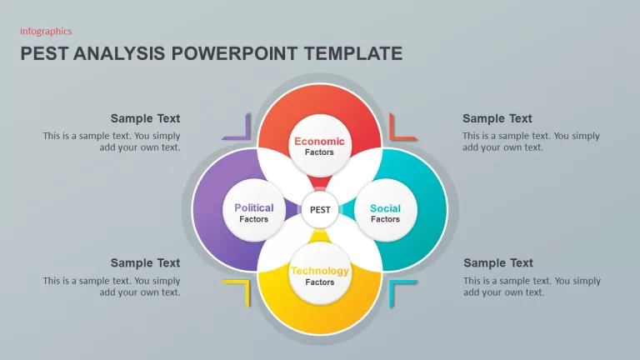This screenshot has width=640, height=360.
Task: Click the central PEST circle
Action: click(320, 210)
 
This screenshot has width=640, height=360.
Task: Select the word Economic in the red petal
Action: click(320, 141)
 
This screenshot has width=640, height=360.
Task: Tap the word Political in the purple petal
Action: click(254, 207)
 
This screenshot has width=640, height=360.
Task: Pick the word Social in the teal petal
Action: click(385, 208)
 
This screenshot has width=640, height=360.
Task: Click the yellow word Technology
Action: click(320, 271)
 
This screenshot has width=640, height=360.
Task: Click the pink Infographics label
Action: click(46, 32)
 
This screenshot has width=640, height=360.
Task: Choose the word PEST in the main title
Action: click(44, 53)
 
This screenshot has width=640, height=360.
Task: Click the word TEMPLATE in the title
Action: click(353, 53)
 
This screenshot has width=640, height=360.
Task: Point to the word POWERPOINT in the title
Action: click(234, 53)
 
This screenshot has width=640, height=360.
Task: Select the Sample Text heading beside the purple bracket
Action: click(145, 118)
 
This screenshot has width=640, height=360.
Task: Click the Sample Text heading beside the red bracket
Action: click(497, 118)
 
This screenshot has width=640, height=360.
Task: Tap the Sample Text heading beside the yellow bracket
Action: click(145, 262)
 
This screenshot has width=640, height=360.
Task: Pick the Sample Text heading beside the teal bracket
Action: click(498, 262)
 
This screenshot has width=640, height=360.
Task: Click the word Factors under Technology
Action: click(320, 282)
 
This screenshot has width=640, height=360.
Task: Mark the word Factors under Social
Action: click(385, 219)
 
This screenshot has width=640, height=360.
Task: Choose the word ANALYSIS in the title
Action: click(119, 53)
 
